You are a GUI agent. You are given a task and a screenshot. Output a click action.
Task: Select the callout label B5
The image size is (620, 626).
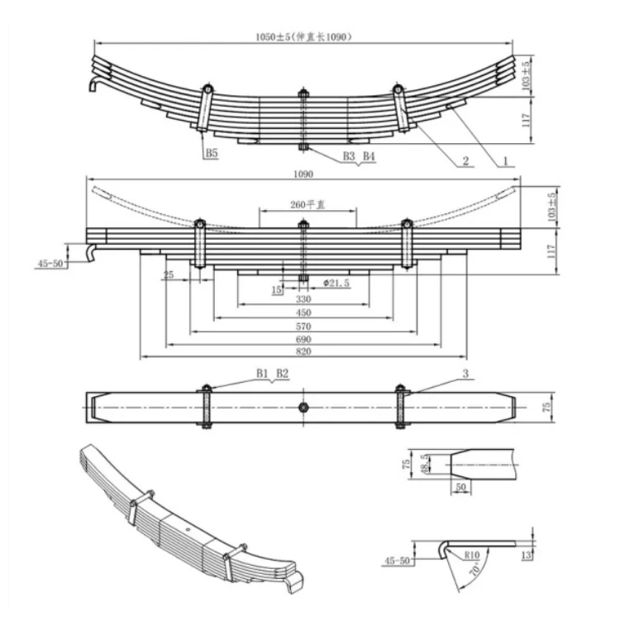(212, 153)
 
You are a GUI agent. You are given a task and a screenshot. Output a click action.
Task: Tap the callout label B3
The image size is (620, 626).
(349, 155)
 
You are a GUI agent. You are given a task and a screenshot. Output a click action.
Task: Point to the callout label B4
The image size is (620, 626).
(368, 155)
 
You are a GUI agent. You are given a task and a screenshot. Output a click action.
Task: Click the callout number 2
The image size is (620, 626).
(465, 162)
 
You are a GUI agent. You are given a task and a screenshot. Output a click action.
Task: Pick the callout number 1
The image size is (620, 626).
(501, 162)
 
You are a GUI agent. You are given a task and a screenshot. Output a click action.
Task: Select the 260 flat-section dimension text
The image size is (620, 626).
(303, 204)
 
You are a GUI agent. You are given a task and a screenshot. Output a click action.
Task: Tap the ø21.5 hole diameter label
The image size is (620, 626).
(337, 283)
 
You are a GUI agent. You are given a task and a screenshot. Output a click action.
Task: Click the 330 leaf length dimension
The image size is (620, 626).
(303, 299)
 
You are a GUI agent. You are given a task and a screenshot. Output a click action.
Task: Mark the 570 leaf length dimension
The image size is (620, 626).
(303, 327)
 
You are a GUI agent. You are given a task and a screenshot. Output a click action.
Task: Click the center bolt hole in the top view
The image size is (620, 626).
(304, 407)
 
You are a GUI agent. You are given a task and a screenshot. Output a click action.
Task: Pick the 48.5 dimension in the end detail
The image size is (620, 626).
(425, 466)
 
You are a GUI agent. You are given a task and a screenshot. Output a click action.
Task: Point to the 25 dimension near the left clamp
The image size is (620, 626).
(169, 275)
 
